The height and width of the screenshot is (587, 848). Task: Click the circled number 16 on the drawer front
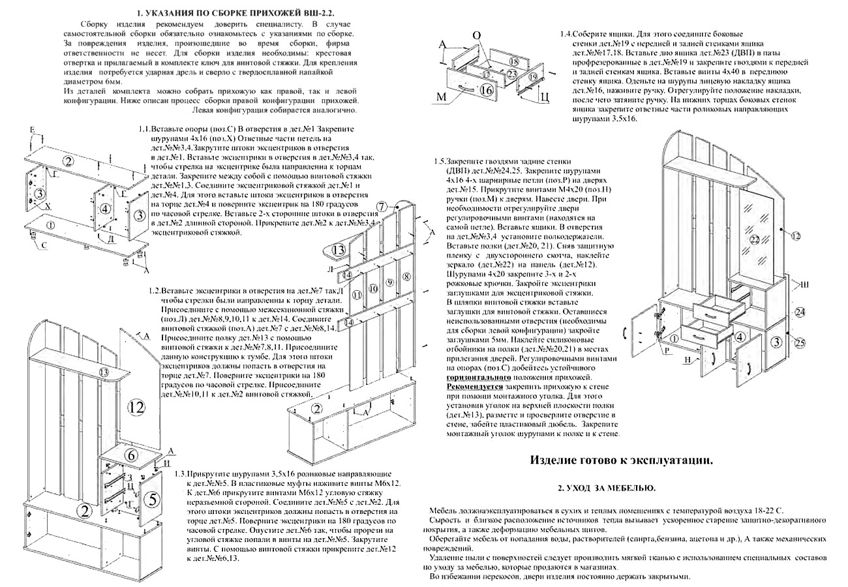(x=486, y=91)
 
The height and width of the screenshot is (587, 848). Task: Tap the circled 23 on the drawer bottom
(x=512, y=74)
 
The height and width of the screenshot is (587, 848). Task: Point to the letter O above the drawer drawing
(x=476, y=35)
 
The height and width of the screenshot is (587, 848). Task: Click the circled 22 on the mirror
(x=755, y=240)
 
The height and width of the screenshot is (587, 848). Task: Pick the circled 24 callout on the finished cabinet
(x=800, y=312)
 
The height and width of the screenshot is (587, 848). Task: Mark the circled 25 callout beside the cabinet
(x=800, y=343)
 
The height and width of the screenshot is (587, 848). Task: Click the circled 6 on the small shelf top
(x=131, y=455)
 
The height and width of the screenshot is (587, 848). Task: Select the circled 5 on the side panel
(x=151, y=500)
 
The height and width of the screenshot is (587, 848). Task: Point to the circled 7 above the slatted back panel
(x=382, y=207)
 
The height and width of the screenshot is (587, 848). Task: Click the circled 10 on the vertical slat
(x=373, y=288)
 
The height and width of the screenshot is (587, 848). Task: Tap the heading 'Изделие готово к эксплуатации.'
(x=621, y=460)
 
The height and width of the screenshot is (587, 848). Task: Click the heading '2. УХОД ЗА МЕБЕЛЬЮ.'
(x=607, y=488)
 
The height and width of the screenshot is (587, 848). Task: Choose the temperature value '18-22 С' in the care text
(x=766, y=510)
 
